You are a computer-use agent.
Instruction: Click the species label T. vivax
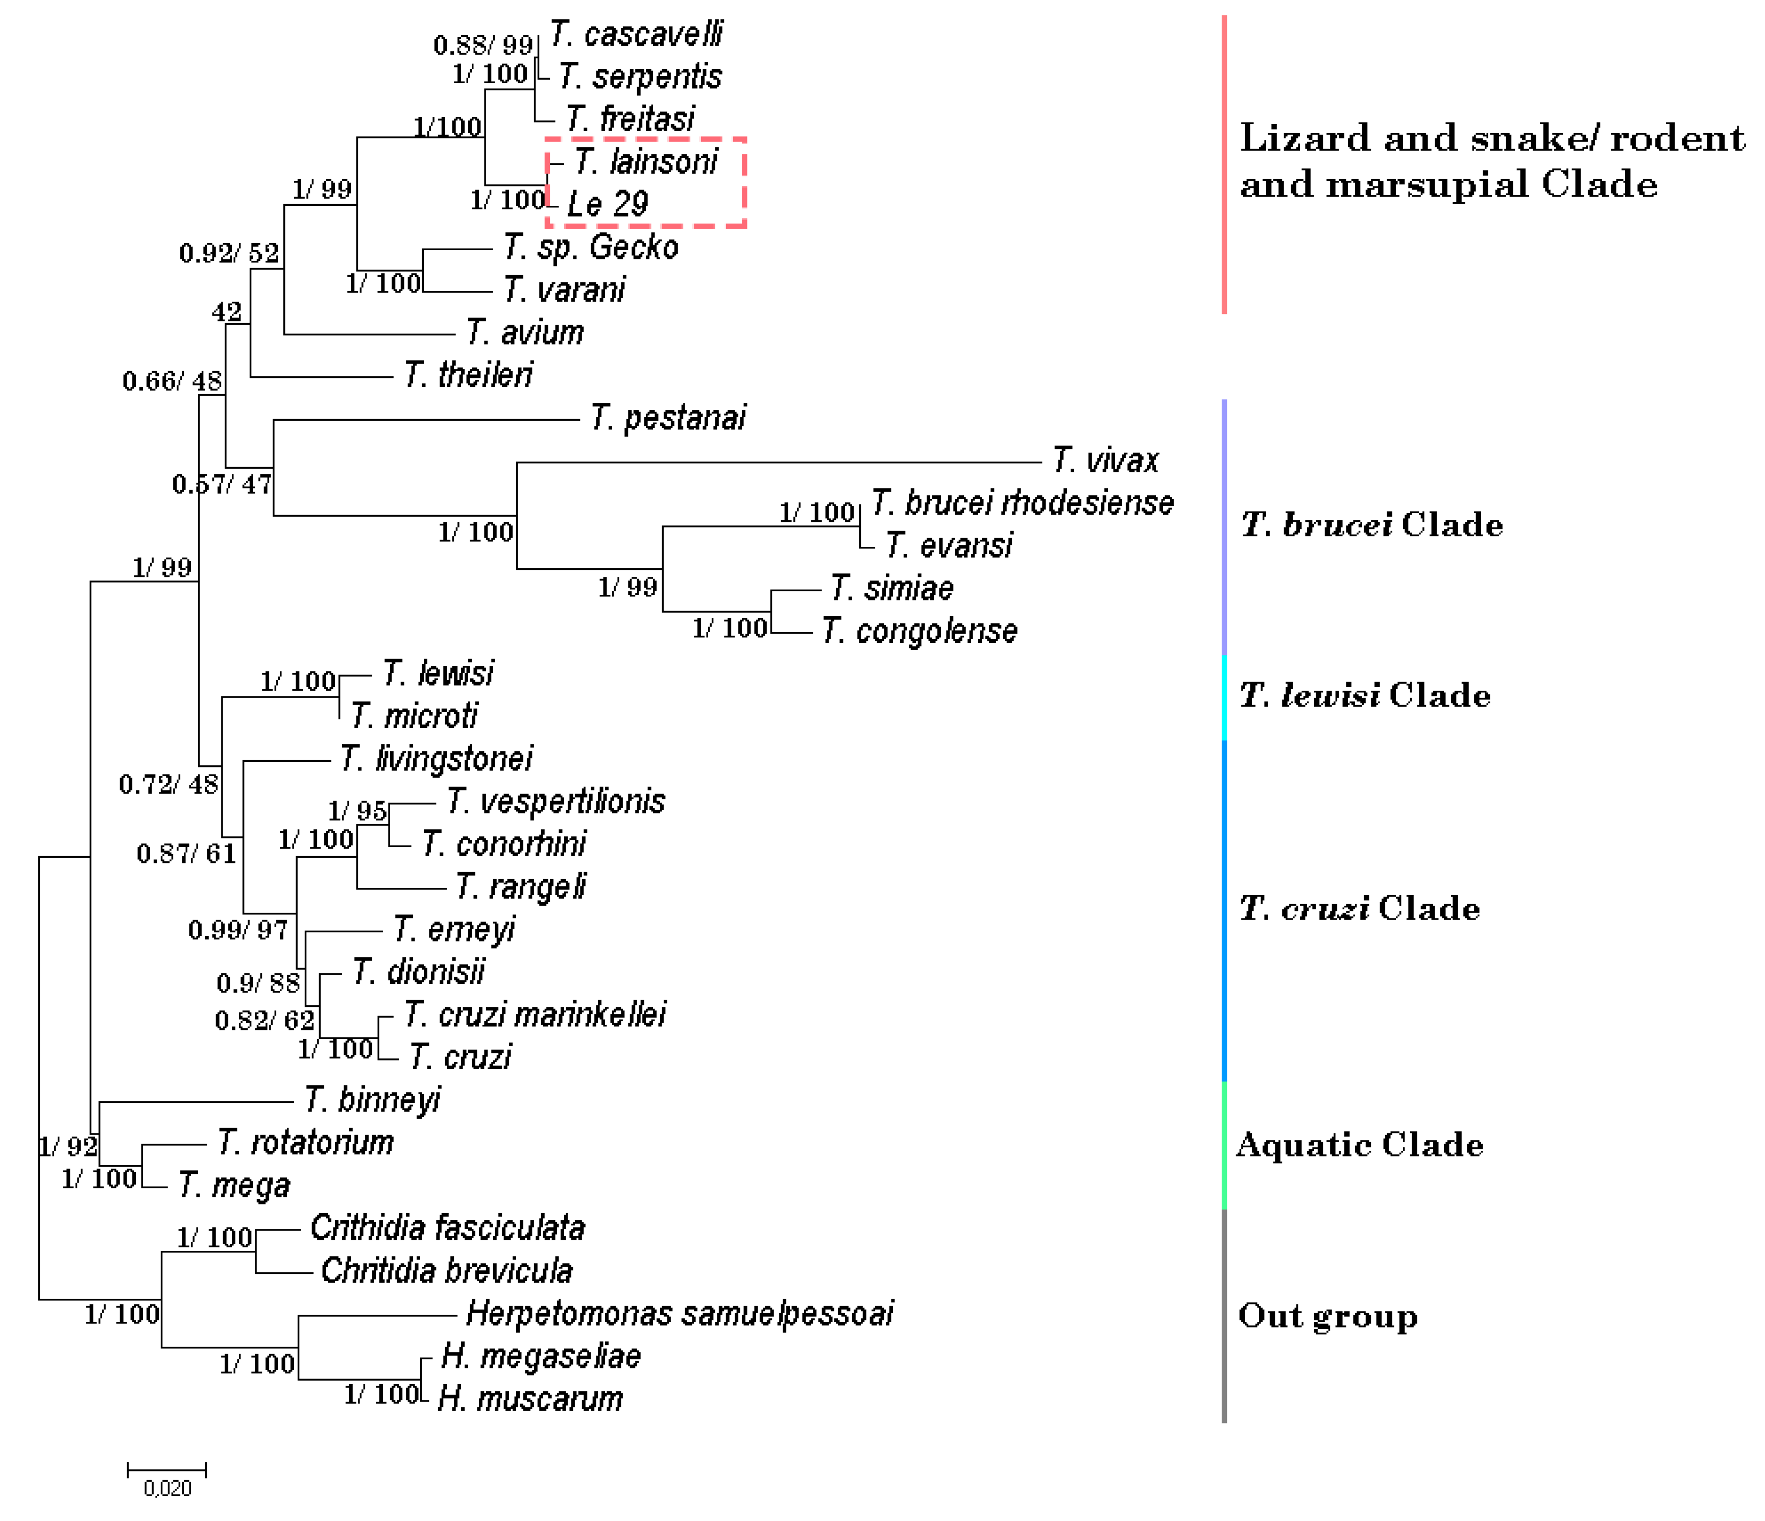[x=1105, y=461]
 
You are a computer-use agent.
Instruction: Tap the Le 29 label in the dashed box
[x=608, y=204]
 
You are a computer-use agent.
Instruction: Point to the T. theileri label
[x=469, y=375]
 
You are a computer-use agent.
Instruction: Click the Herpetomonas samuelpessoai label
[x=679, y=1313]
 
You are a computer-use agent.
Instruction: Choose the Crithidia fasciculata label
[x=447, y=1228]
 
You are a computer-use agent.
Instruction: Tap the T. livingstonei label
[x=436, y=759]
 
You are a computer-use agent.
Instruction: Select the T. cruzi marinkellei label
[x=534, y=1015]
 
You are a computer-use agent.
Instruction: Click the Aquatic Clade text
[x=1360, y=1145]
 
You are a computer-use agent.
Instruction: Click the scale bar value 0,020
[x=167, y=1488]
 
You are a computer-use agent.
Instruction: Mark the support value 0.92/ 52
[x=228, y=253]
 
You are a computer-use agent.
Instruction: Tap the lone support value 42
[x=227, y=312]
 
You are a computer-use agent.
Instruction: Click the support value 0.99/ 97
[x=237, y=930]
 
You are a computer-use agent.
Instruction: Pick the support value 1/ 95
[x=357, y=811]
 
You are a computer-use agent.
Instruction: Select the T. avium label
[x=525, y=332]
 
